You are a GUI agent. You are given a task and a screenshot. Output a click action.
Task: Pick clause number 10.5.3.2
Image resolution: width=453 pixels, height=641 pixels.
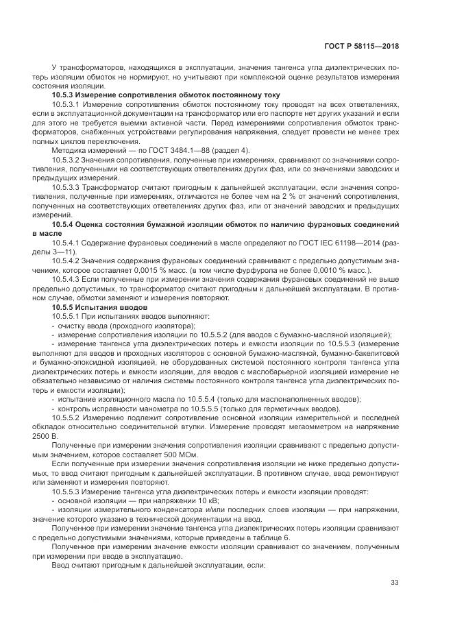(67, 159)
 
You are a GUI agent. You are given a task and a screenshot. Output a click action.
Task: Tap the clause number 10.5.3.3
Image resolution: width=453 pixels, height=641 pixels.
(67, 186)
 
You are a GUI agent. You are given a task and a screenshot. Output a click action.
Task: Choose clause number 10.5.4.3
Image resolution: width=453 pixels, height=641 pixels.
(67, 280)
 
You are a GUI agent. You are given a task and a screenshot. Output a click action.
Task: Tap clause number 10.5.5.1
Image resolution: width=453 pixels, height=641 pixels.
(67, 316)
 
